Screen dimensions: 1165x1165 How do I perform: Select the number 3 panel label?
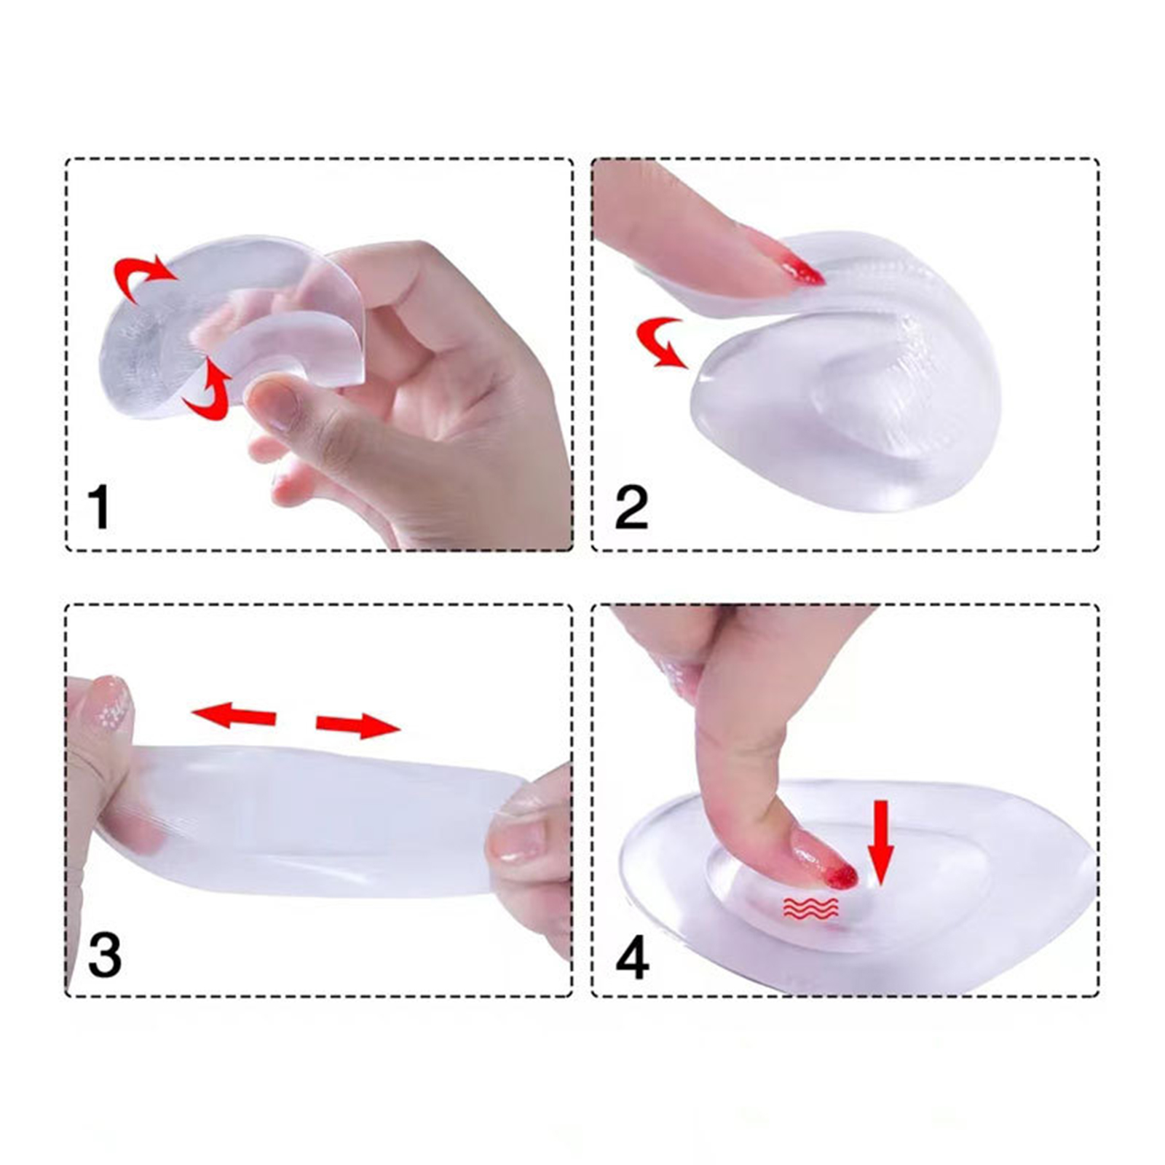click(104, 955)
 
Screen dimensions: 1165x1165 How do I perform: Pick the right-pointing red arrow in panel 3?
click(358, 724)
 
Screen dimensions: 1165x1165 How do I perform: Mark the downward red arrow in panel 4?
click(882, 842)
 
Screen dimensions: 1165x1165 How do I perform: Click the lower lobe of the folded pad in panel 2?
click(845, 415)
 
